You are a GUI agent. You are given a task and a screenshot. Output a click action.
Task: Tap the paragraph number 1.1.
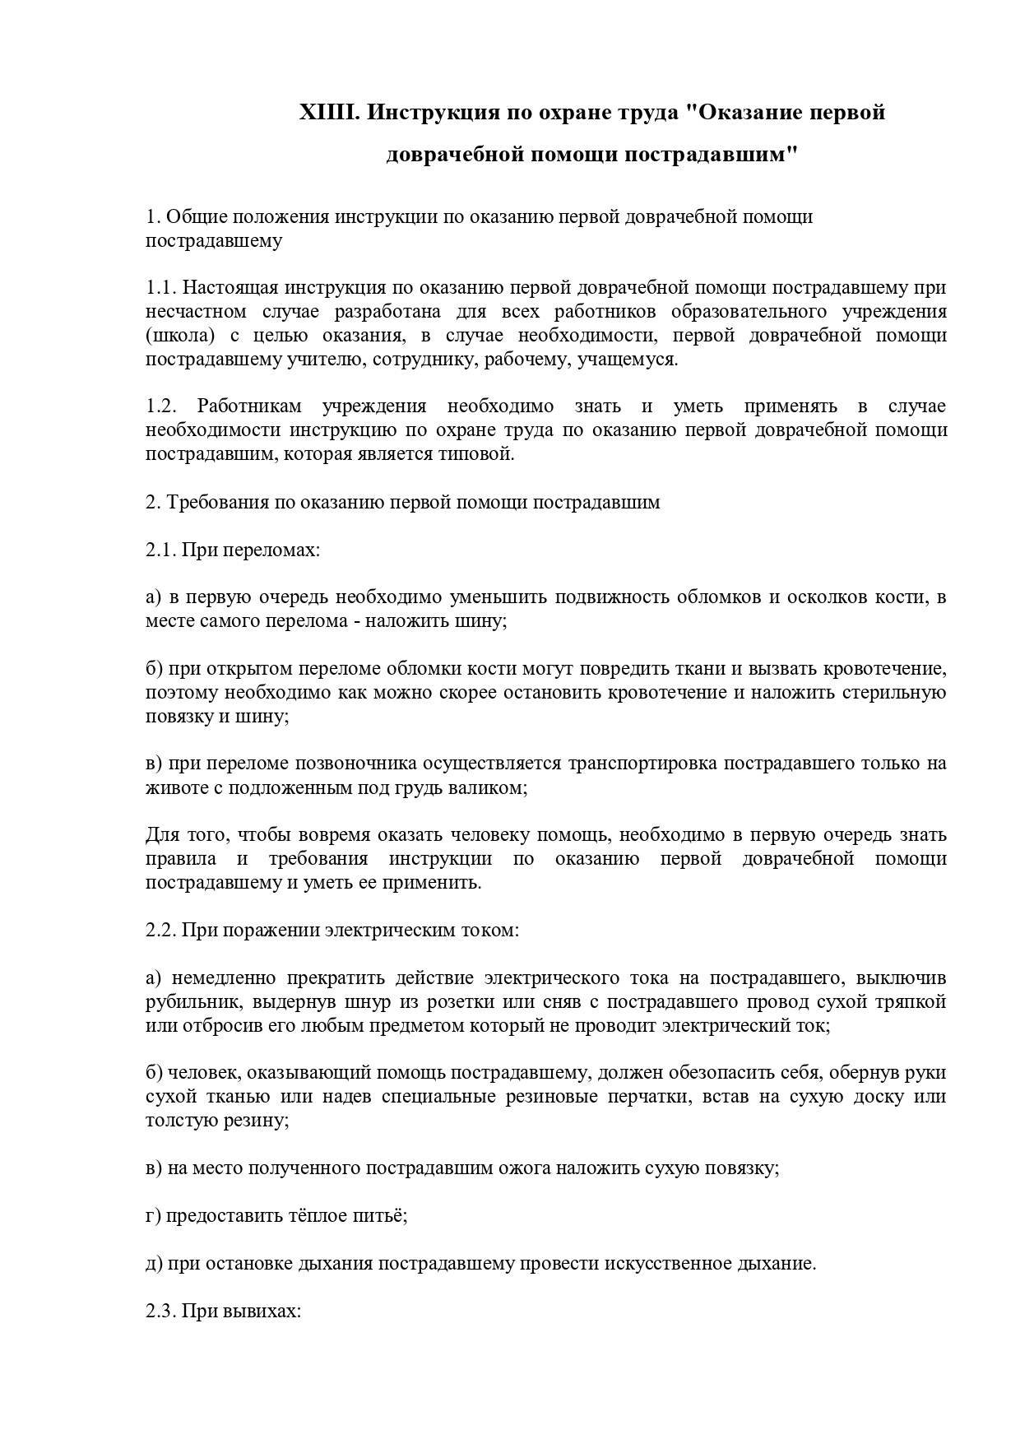coord(161,288)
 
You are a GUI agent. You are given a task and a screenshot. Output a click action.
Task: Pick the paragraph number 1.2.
coord(161,406)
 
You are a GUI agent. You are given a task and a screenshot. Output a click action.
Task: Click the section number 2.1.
coord(161,549)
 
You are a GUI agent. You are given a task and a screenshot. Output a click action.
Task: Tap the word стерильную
coord(894,692)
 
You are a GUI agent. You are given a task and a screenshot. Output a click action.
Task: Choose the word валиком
coord(491,787)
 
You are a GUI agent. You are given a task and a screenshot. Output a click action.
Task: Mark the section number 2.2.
coord(161,931)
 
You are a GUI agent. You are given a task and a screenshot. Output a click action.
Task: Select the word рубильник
coord(193,1002)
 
